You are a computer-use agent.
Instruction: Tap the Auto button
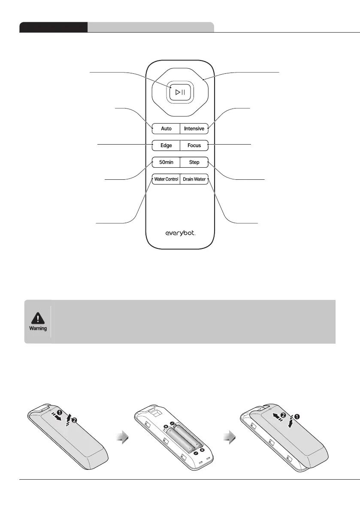(166, 128)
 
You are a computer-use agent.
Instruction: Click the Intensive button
(194, 128)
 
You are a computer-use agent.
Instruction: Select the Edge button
(166, 145)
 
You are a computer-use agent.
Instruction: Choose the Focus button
(194, 145)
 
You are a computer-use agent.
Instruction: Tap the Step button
(194, 163)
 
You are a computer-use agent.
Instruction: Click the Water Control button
(166, 179)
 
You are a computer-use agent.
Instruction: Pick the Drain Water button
(194, 179)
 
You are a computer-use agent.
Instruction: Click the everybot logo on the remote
(181, 233)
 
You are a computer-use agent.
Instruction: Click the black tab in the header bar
(54, 27)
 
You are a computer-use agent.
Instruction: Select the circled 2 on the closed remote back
(75, 420)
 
